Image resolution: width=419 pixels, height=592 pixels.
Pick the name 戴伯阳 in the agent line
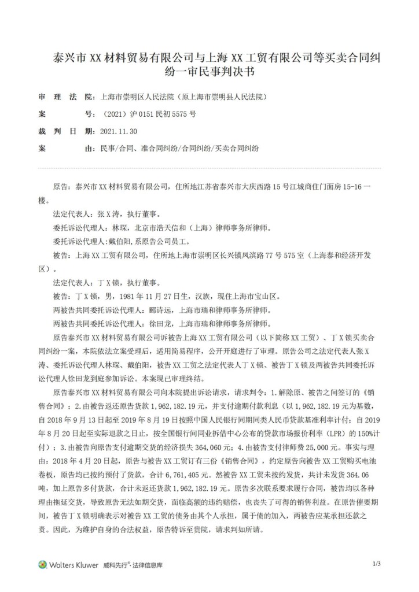point(129,242)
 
